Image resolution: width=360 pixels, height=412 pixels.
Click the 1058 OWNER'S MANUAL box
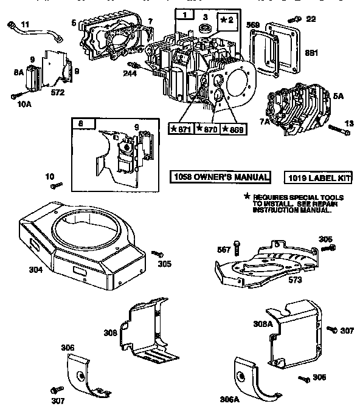pyautogui.click(x=220, y=177)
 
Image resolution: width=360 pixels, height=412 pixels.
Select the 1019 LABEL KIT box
pyautogui.click(x=315, y=178)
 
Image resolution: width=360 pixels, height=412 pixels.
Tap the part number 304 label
pyautogui.click(x=35, y=269)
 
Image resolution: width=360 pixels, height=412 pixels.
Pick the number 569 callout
pyautogui.click(x=254, y=25)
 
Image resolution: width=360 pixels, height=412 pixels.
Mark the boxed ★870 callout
pyautogui.click(x=207, y=129)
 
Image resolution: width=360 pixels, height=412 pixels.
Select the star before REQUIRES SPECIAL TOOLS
pyautogui.click(x=247, y=197)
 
